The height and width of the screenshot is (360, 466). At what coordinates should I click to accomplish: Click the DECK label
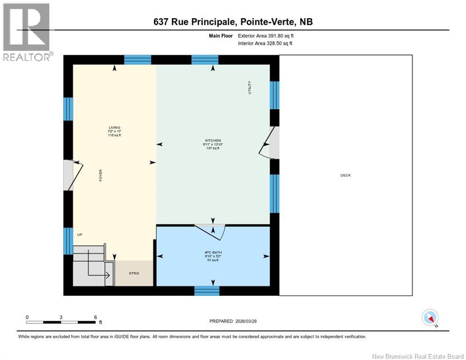tap(346, 175)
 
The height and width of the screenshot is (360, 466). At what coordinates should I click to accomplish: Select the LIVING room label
tap(114, 127)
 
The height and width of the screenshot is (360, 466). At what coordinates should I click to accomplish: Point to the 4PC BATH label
tap(213, 253)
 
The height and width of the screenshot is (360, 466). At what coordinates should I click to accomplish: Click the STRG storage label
tap(134, 273)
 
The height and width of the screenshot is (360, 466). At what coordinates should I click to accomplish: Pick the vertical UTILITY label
tap(250, 88)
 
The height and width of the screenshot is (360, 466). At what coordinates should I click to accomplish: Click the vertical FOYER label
tap(100, 175)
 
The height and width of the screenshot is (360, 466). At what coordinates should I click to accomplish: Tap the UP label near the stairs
tap(80, 234)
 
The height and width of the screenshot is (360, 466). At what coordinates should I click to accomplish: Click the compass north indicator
tap(430, 318)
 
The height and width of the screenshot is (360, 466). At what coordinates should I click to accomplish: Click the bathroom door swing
tap(211, 230)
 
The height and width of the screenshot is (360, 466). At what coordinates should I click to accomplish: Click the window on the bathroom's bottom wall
tap(207, 291)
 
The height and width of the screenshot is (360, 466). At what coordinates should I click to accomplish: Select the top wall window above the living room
tap(138, 60)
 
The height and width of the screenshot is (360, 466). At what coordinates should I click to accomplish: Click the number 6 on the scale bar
tap(95, 317)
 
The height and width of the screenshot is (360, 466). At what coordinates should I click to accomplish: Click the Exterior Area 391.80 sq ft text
tap(266, 36)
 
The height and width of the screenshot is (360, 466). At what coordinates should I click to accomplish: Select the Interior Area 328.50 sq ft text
tap(265, 44)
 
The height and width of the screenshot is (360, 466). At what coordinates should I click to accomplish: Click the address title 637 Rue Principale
tap(233, 22)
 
